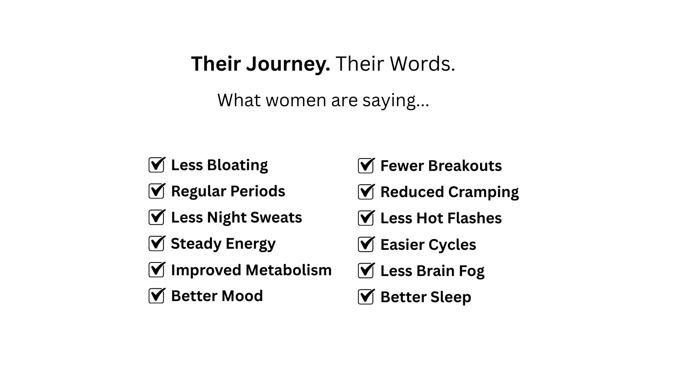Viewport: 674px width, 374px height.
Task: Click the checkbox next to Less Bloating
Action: pyautogui.click(x=157, y=165)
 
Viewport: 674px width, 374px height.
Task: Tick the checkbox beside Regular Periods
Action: pyautogui.click(x=157, y=191)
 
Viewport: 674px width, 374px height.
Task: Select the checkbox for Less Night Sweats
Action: pyautogui.click(x=157, y=217)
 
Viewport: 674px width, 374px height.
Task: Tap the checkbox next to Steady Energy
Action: pyautogui.click(x=157, y=243)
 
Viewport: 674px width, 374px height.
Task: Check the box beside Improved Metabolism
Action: pyautogui.click(x=157, y=270)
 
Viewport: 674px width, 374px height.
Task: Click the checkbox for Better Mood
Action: pyautogui.click(x=157, y=295)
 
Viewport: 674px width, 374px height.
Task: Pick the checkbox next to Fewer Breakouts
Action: pyautogui.click(x=366, y=165)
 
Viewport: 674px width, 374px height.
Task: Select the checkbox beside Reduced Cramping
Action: pyautogui.click(x=366, y=191)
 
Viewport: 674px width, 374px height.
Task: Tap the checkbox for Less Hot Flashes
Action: pyautogui.click(x=366, y=218)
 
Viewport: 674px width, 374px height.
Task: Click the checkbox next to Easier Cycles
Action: pyautogui.click(x=366, y=244)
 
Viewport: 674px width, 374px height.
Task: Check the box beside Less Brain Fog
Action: pyautogui.click(x=366, y=270)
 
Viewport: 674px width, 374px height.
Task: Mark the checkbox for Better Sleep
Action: pyautogui.click(x=366, y=297)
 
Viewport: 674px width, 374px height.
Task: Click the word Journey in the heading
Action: pyautogui.click(x=288, y=64)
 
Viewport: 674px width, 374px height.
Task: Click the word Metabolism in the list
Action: pyautogui.click(x=289, y=270)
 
